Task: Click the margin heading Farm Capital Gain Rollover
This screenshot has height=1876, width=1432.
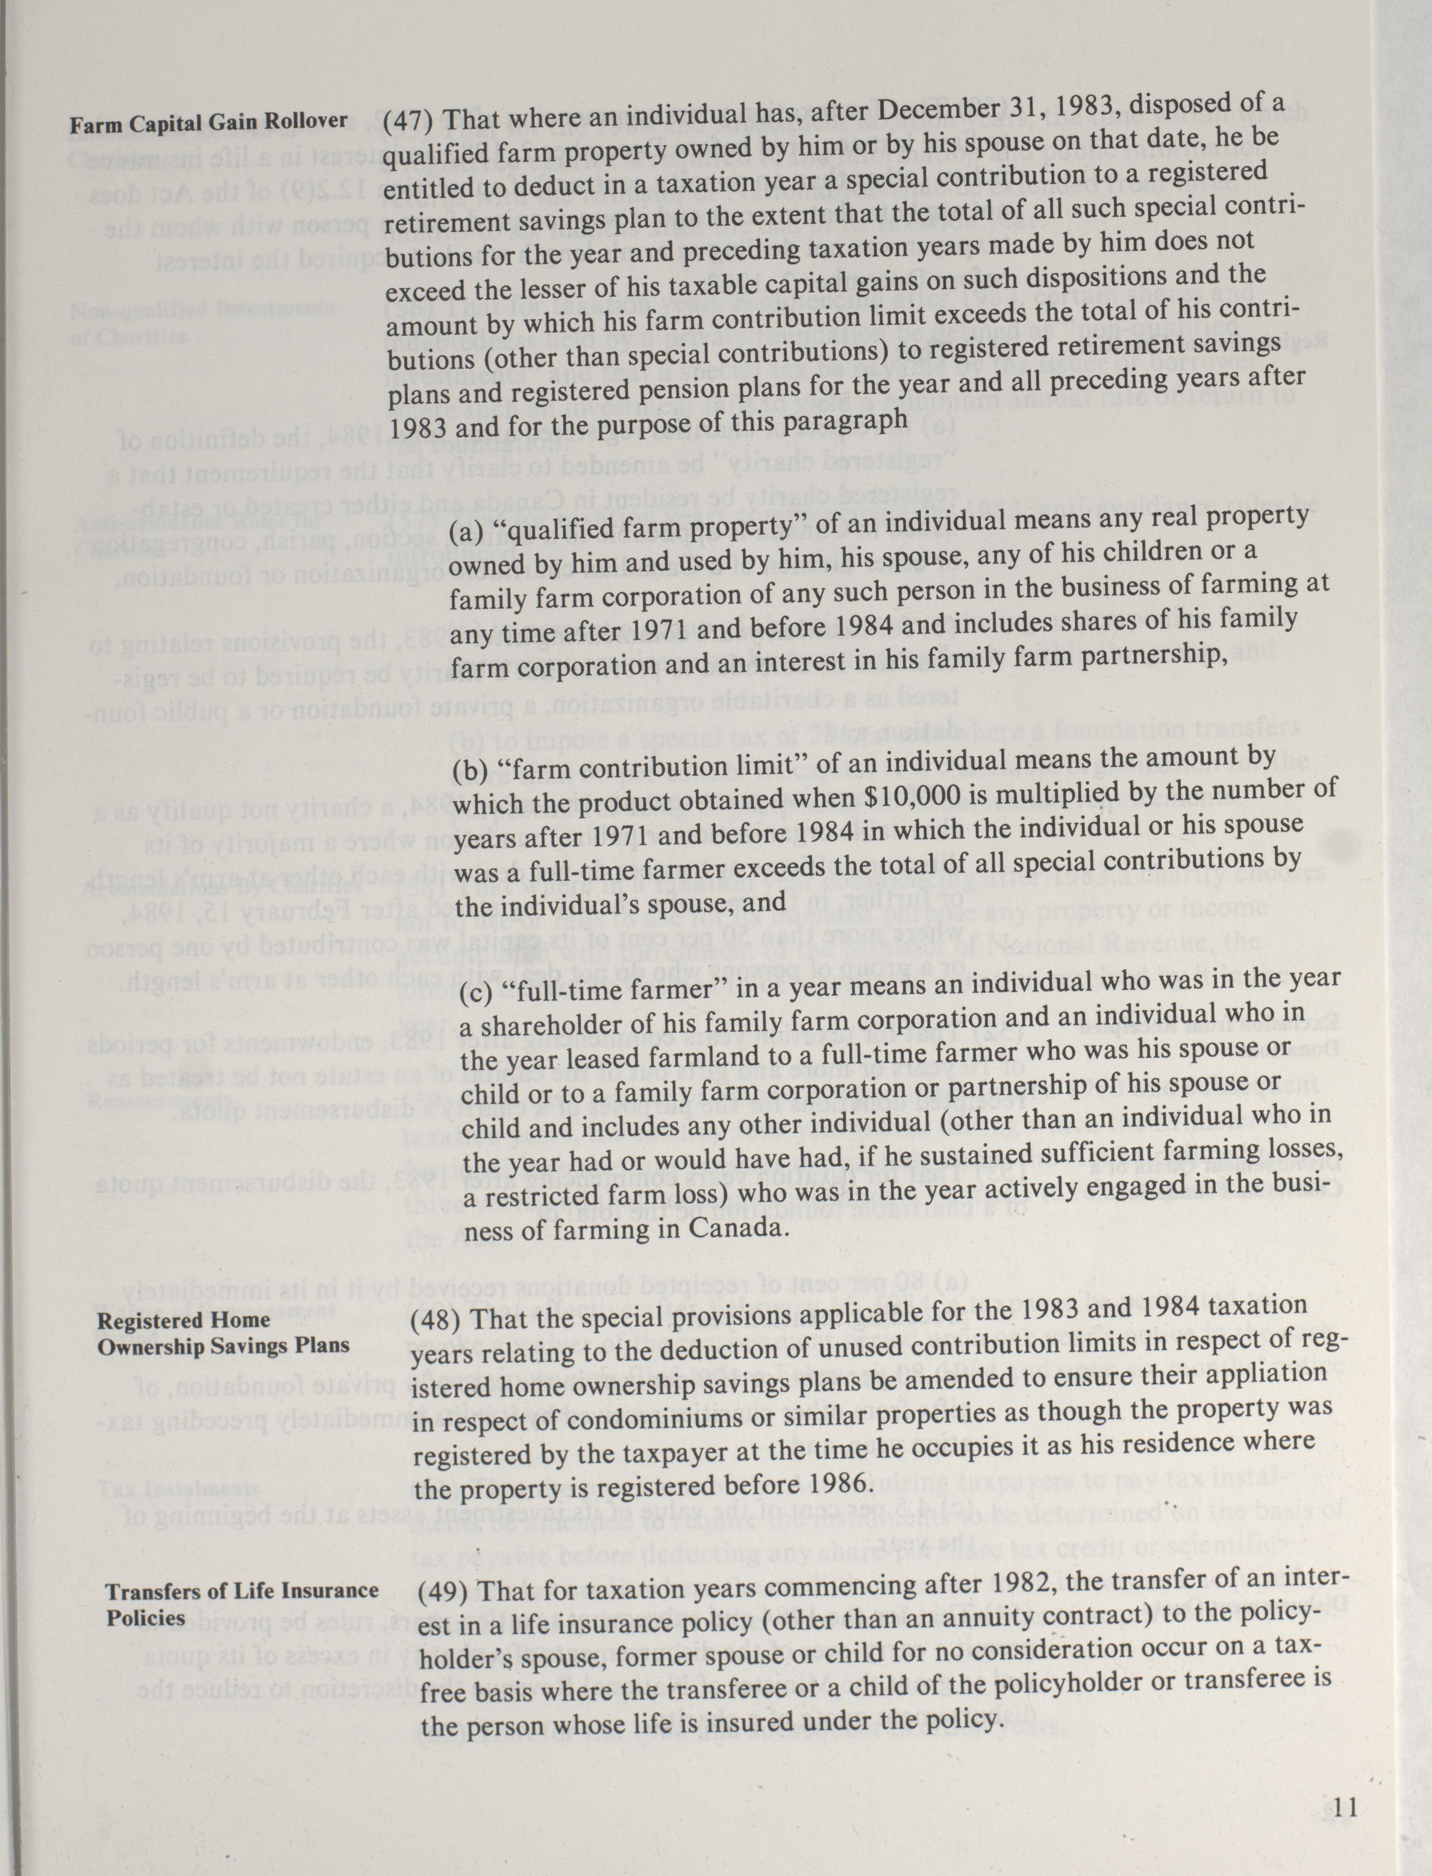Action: point(209,122)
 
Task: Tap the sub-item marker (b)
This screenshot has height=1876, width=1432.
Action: point(471,771)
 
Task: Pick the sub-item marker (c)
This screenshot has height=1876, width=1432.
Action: point(477,996)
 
